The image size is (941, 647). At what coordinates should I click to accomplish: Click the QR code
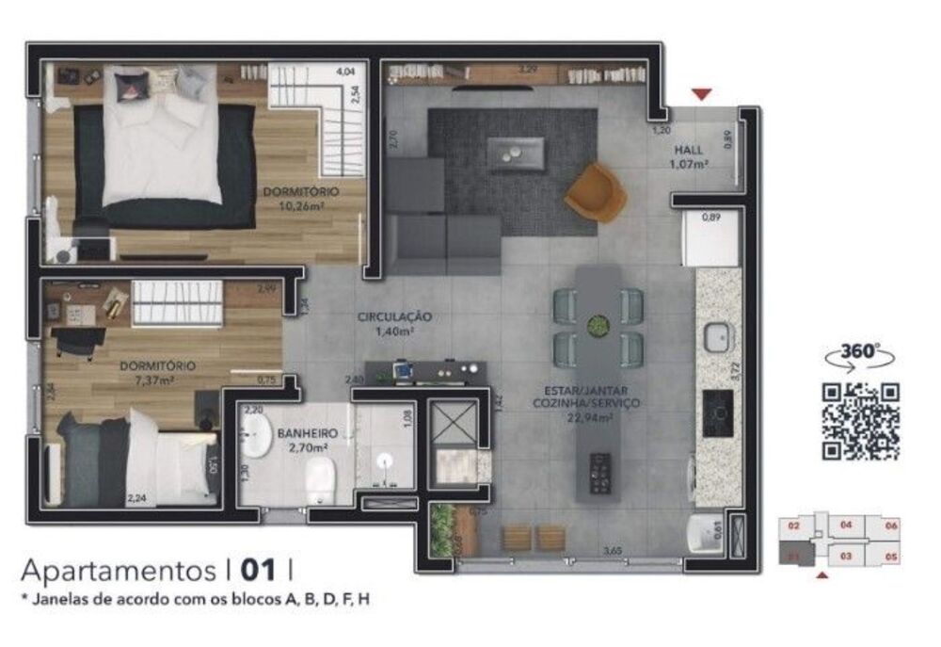click(x=861, y=422)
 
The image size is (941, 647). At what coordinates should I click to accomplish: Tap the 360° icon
click(x=858, y=353)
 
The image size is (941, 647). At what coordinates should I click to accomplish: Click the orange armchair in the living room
click(x=596, y=193)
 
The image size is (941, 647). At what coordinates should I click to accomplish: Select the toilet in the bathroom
click(x=320, y=477)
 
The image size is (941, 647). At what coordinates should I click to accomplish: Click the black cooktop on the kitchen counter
click(x=718, y=412)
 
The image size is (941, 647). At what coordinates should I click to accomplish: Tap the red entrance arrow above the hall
click(x=701, y=94)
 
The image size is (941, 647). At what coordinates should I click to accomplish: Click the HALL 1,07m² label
click(x=691, y=157)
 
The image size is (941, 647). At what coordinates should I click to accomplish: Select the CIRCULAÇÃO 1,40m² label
click(x=394, y=324)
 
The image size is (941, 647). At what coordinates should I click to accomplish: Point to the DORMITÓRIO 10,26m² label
click(x=301, y=198)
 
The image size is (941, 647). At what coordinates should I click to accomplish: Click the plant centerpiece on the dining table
click(x=597, y=327)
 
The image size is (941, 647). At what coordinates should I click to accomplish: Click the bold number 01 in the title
click(x=260, y=570)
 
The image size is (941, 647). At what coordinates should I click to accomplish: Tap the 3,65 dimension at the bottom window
click(x=612, y=551)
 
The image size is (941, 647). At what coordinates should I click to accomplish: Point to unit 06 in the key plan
click(x=891, y=526)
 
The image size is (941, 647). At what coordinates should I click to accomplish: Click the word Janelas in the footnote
click(x=62, y=598)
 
